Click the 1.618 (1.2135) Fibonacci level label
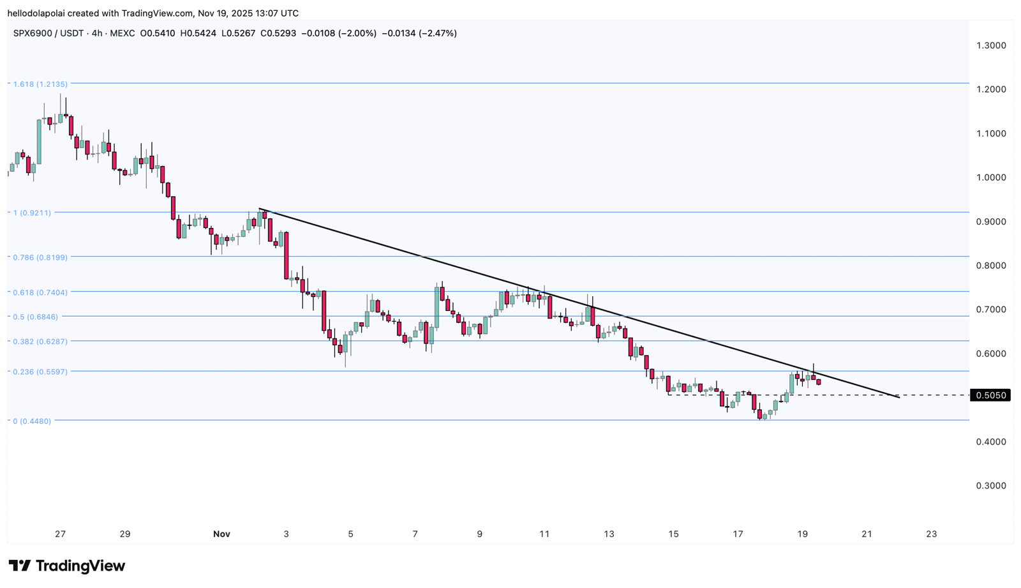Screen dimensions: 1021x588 coord(40,84)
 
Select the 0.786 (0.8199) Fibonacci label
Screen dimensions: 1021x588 coord(40,257)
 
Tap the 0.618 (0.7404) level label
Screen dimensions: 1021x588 coord(40,292)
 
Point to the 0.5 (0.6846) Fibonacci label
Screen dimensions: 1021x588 coord(36,317)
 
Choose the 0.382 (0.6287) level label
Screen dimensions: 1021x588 coord(40,341)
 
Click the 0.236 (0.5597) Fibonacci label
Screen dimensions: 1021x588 coord(40,372)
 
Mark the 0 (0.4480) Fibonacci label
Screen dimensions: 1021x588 coord(32,421)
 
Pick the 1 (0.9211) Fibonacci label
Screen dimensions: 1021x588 coord(33,213)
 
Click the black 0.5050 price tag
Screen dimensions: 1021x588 coord(990,395)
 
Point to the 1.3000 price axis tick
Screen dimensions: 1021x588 coord(991,45)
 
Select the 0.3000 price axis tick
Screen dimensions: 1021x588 coord(991,485)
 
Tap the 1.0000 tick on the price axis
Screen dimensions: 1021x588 coord(991,177)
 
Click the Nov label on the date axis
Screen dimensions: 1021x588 coord(221,534)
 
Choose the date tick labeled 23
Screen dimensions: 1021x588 coord(932,534)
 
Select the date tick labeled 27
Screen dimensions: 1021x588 coord(60,534)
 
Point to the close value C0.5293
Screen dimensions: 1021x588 coord(278,33)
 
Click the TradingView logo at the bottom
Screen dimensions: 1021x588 coord(67,566)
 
